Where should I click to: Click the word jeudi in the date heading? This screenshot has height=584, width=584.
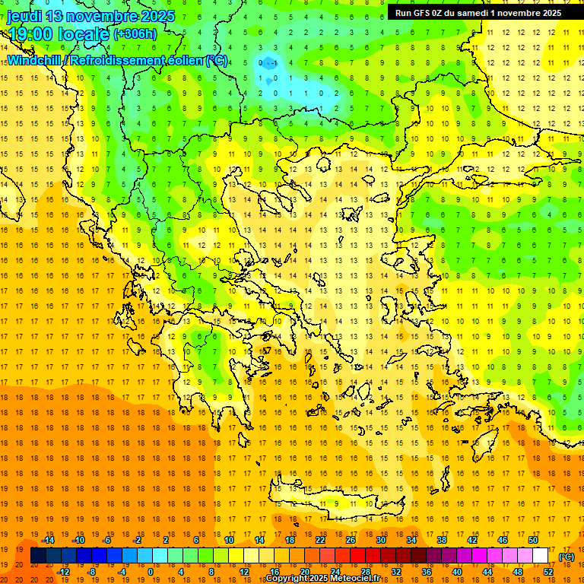pyautogui.click(x=25, y=16)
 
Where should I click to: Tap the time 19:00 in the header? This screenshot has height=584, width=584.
pyautogui.click(x=30, y=34)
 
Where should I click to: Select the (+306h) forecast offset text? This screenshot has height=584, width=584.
pyautogui.click(x=135, y=34)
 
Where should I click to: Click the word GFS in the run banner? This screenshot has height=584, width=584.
pyautogui.click(x=424, y=13)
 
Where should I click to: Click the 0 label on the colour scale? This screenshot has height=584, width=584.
pyautogui.click(x=150, y=572)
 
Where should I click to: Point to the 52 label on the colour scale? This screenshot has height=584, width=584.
pyautogui.click(x=548, y=572)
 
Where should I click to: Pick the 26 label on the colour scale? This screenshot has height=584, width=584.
pyautogui.click(x=351, y=540)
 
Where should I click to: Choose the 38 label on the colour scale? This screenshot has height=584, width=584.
pyautogui.click(x=442, y=540)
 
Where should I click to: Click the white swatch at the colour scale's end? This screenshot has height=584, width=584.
pyautogui.click(x=541, y=556)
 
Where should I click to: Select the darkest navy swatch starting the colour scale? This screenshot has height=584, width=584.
pyautogui.click(x=38, y=556)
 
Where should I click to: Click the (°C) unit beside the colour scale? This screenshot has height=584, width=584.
pyautogui.click(x=567, y=557)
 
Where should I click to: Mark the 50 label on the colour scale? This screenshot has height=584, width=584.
pyautogui.click(x=533, y=540)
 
